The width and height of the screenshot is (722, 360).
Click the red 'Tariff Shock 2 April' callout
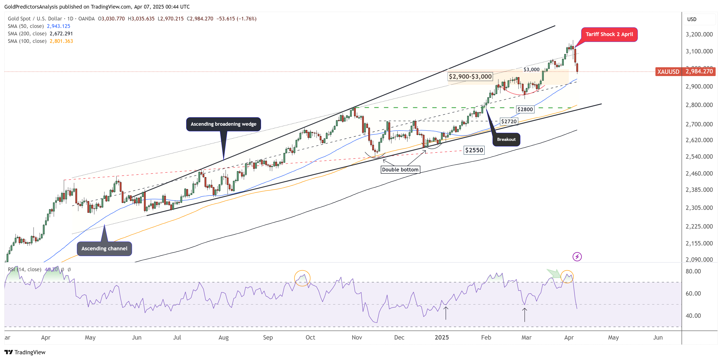609,35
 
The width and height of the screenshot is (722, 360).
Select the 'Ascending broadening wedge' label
223,124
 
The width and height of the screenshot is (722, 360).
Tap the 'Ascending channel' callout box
104,248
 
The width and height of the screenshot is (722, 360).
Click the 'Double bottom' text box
400,170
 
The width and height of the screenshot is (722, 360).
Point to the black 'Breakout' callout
506,139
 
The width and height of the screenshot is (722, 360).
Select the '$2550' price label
474,150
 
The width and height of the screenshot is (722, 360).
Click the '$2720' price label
509,121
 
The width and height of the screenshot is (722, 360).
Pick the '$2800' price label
525,109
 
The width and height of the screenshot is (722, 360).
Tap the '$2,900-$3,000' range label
470,76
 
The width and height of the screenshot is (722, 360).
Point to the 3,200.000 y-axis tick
699,35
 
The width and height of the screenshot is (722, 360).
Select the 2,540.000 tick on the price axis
699,156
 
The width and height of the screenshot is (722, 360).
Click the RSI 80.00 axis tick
693,271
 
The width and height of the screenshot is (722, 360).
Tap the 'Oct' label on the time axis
310,337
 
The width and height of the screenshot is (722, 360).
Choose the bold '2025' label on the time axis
441,337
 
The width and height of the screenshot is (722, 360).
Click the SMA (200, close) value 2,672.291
61,34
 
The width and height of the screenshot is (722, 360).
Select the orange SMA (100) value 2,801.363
61,41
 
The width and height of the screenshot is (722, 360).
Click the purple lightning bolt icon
577,256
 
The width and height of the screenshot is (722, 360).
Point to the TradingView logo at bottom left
25,352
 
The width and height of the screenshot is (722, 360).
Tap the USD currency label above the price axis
691,19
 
